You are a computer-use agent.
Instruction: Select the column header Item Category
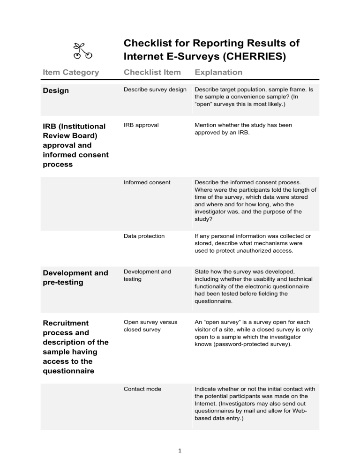click(x=71, y=72)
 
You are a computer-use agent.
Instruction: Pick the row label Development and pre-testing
click(x=75, y=278)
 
